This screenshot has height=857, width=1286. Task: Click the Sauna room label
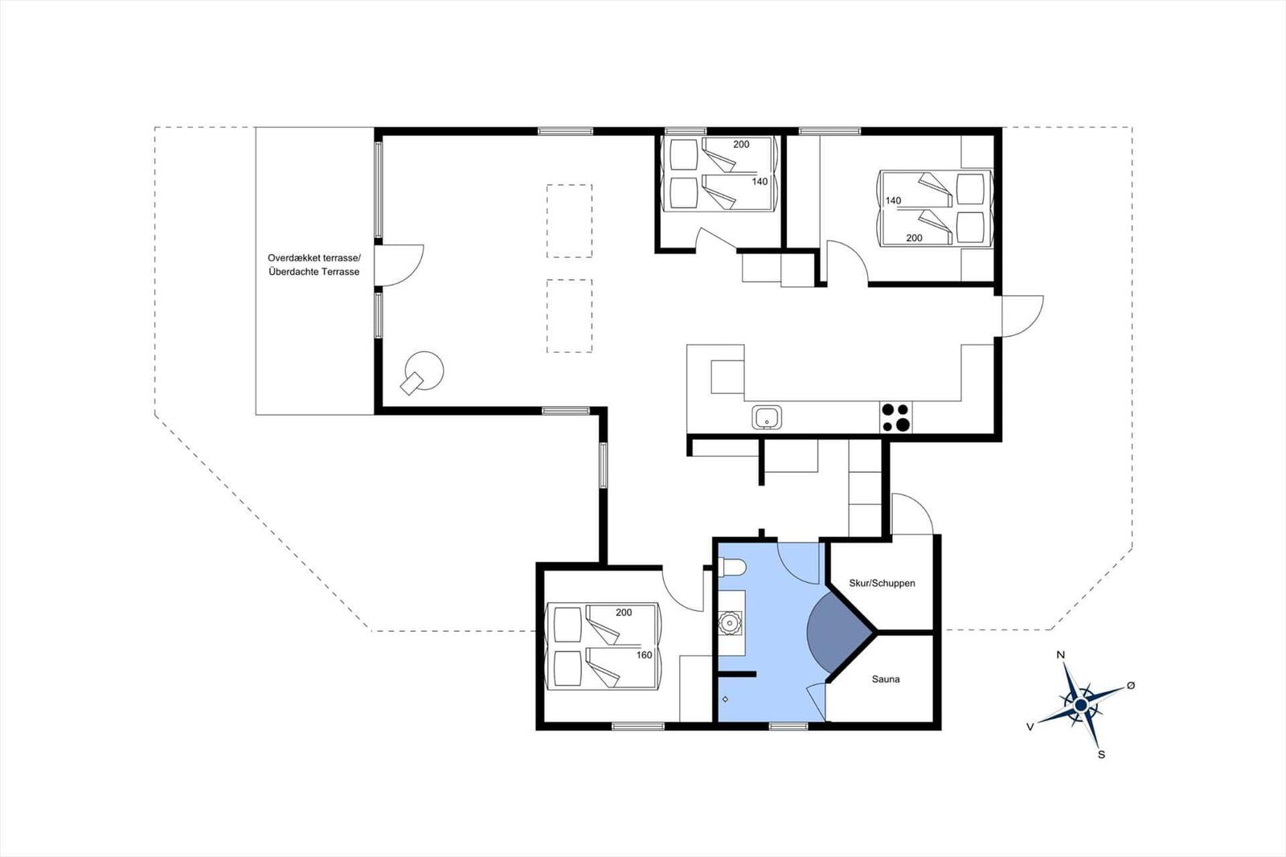(x=886, y=679)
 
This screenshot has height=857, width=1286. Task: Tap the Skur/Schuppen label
(x=882, y=583)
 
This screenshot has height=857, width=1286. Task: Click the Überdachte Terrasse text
(x=314, y=272)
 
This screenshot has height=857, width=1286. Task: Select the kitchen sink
(x=767, y=417)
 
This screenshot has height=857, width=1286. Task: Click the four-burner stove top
(x=895, y=417)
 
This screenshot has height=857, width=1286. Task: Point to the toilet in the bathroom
(x=732, y=568)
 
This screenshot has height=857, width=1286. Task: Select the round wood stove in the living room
(x=424, y=371)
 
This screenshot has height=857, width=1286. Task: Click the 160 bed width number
(x=644, y=655)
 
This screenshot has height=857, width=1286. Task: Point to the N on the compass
(x=1061, y=655)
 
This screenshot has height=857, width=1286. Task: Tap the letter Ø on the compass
(x=1131, y=685)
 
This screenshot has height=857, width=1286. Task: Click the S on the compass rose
(x=1101, y=755)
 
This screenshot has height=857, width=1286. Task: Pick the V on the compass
(x=1030, y=728)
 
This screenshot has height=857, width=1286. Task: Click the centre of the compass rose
(x=1081, y=705)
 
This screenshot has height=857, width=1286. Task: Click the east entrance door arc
(x=1034, y=325)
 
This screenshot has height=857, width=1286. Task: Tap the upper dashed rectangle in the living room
(x=570, y=221)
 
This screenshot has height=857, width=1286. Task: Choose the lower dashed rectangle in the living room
(x=570, y=316)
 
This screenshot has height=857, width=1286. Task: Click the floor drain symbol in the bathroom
(x=725, y=699)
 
